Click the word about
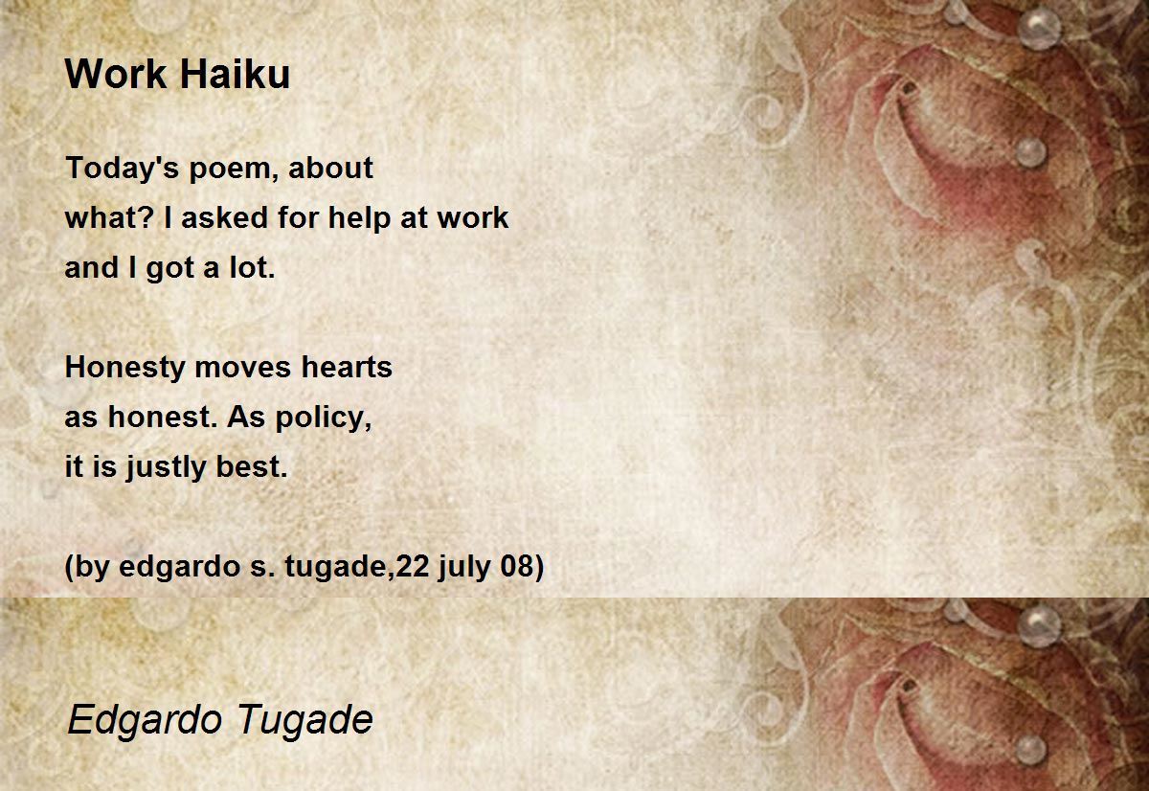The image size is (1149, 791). click(x=331, y=169)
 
